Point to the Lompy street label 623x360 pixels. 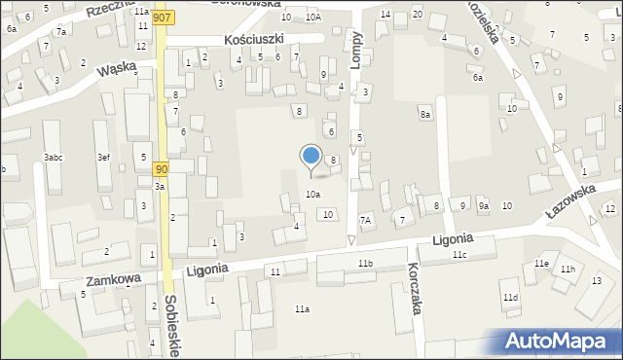pos(356,47)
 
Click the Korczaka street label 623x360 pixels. pos(415,285)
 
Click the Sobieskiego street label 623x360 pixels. pos(170,326)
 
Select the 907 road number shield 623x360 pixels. pos(165,18)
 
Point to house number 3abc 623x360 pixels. pos(54,158)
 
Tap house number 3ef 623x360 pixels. pos(103,158)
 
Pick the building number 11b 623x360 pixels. pos(365,264)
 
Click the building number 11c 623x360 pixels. pos(459,255)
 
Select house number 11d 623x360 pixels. pos(510,297)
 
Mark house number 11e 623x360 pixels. pos(541,264)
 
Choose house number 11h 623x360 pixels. pos(568,269)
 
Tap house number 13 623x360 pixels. pos(597,281)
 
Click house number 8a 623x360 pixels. pos(425,115)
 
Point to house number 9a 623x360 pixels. pos(483,206)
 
